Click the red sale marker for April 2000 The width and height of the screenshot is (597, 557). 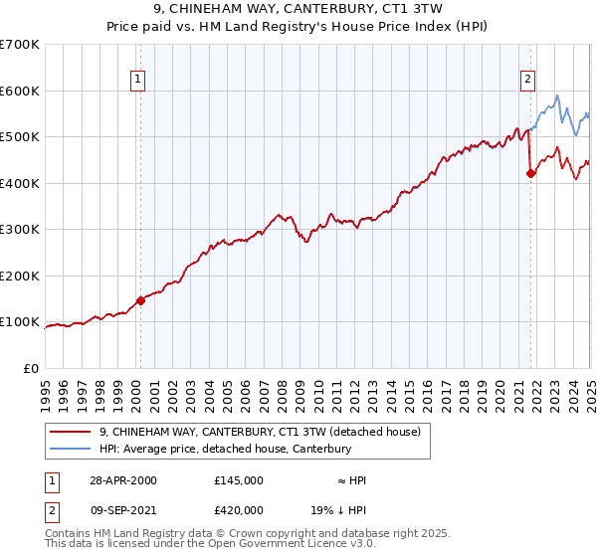[141, 300]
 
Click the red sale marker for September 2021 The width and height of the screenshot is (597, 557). [530, 173]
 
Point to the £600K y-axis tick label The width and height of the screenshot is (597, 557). [20, 91]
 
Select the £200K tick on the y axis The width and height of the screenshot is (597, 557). [20, 276]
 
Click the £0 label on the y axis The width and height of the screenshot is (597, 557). [31, 368]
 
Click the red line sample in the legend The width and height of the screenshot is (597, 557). [70, 432]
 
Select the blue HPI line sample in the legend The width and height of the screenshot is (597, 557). [70, 450]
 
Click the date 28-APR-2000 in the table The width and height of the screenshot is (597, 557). [121, 480]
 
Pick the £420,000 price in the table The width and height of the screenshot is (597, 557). [239, 510]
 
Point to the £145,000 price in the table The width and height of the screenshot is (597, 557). [239, 480]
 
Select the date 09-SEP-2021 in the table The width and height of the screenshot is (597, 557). [121, 510]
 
